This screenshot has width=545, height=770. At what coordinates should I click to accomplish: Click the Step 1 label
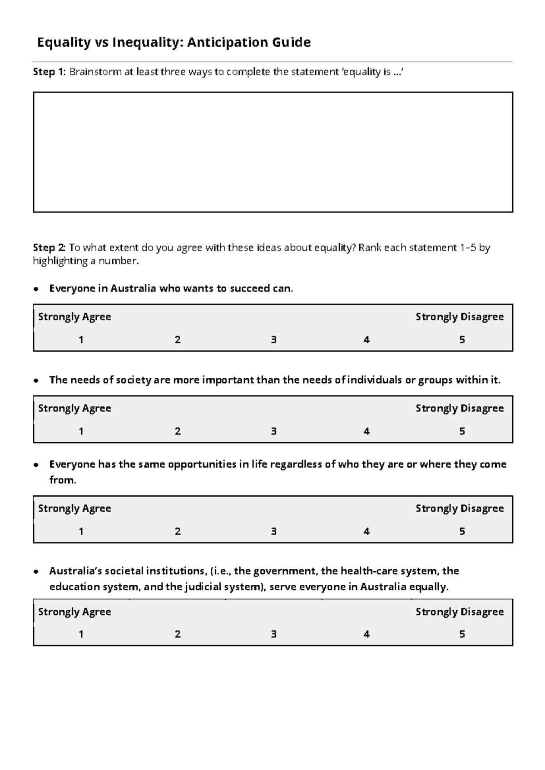(49, 72)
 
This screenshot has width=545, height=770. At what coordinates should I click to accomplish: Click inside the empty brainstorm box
(272, 152)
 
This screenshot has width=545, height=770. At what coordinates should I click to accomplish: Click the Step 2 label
(49, 247)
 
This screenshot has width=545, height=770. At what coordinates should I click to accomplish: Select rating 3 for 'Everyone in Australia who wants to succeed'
(274, 340)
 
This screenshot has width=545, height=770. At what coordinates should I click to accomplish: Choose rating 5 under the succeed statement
(462, 340)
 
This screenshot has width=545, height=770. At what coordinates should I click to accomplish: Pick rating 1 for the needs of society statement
(81, 431)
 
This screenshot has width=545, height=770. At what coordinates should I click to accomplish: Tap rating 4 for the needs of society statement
(367, 431)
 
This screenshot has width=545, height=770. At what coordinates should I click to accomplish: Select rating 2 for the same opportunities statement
(178, 531)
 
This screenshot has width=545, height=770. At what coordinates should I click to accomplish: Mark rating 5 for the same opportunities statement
(462, 531)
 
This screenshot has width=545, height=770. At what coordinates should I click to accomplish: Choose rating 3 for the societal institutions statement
(274, 634)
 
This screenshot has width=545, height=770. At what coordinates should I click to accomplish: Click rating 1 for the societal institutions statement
(81, 634)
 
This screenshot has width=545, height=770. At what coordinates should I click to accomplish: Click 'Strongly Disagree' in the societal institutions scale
(459, 612)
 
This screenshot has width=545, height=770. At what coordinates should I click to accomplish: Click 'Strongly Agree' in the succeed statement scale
(74, 316)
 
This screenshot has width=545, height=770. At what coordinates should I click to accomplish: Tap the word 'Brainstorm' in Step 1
(95, 72)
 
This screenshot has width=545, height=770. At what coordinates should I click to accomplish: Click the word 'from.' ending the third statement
(63, 480)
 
